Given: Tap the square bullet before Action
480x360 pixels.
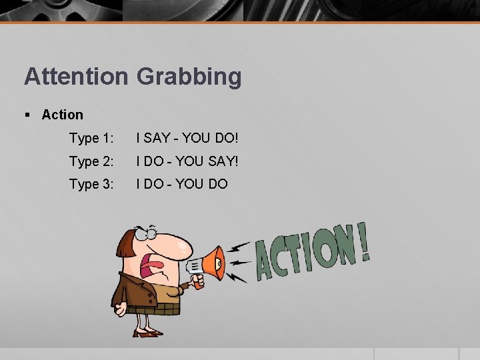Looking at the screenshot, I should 27,115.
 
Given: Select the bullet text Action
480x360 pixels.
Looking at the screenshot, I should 62,115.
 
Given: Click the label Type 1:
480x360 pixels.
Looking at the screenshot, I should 92,139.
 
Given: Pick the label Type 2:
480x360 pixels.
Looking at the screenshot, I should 92,161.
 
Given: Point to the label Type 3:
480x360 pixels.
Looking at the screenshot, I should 92,184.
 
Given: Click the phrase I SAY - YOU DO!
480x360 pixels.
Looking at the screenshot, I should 187,139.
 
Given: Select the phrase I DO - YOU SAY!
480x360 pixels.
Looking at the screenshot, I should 187,161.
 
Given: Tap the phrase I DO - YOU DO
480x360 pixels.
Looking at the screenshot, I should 181,184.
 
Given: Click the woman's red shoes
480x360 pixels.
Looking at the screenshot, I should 149,332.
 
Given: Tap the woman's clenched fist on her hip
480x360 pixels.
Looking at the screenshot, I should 120,309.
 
